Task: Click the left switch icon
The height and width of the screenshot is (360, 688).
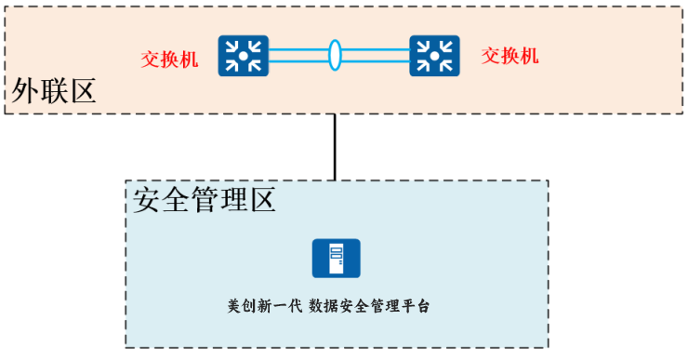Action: [x=243, y=56]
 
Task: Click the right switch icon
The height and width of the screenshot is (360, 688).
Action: [x=434, y=56]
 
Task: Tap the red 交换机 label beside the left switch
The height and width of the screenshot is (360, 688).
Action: [x=169, y=59]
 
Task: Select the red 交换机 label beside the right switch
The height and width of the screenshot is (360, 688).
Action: [x=509, y=56]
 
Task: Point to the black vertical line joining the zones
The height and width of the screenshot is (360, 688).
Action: [x=335, y=146]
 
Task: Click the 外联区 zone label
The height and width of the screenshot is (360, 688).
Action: [x=54, y=91]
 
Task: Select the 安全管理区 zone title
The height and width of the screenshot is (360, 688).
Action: [x=205, y=199]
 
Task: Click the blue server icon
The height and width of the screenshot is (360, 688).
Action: [x=336, y=259]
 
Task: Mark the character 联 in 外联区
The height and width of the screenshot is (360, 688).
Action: [x=54, y=91]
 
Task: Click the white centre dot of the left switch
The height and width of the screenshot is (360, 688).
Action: [x=243, y=56]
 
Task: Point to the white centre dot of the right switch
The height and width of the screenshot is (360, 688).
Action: [x=434, y=56]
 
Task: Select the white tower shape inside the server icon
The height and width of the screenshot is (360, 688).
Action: [x=337, y=259]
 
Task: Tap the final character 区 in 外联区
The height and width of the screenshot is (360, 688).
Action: [x=83, y=91]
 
